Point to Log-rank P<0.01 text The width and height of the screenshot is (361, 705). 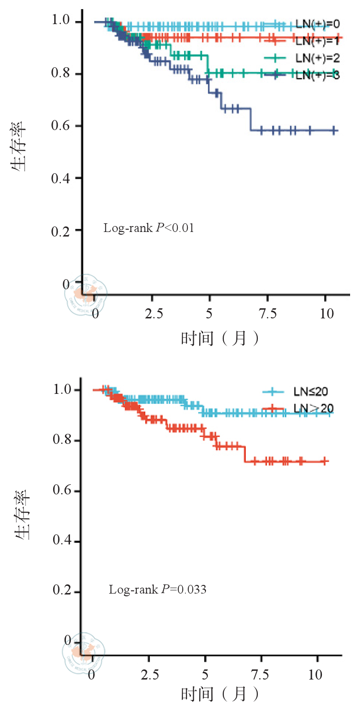click(x=149, y=228)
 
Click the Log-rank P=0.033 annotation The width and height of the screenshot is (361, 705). click(x=157, y=590)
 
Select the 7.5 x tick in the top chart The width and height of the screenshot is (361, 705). click(x=268, y=314)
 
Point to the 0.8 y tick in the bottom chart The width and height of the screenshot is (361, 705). click(x=62, y=441)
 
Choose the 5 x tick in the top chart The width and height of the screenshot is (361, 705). click(x=209, y=314)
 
